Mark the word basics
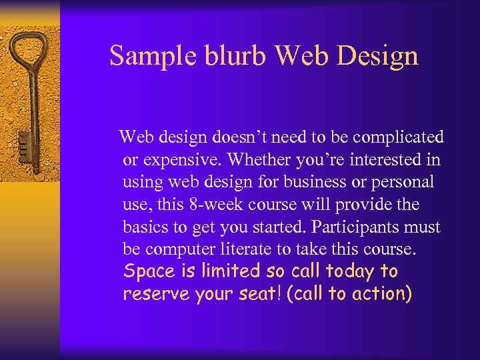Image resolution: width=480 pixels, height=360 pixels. click(x=145, y=227)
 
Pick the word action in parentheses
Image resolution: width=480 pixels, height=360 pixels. click(x=381, y=294)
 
